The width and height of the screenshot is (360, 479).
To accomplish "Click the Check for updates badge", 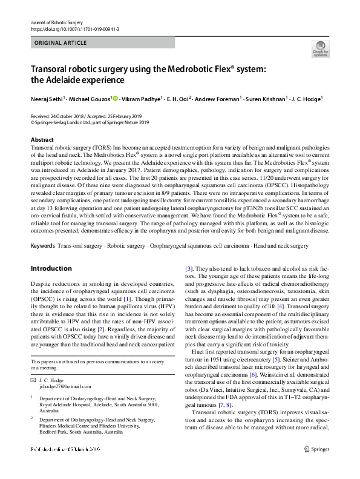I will point(320,48).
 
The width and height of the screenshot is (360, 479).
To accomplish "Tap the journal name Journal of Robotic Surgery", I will point(56,22).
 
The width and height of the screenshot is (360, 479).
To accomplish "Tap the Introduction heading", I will point(51,268).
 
